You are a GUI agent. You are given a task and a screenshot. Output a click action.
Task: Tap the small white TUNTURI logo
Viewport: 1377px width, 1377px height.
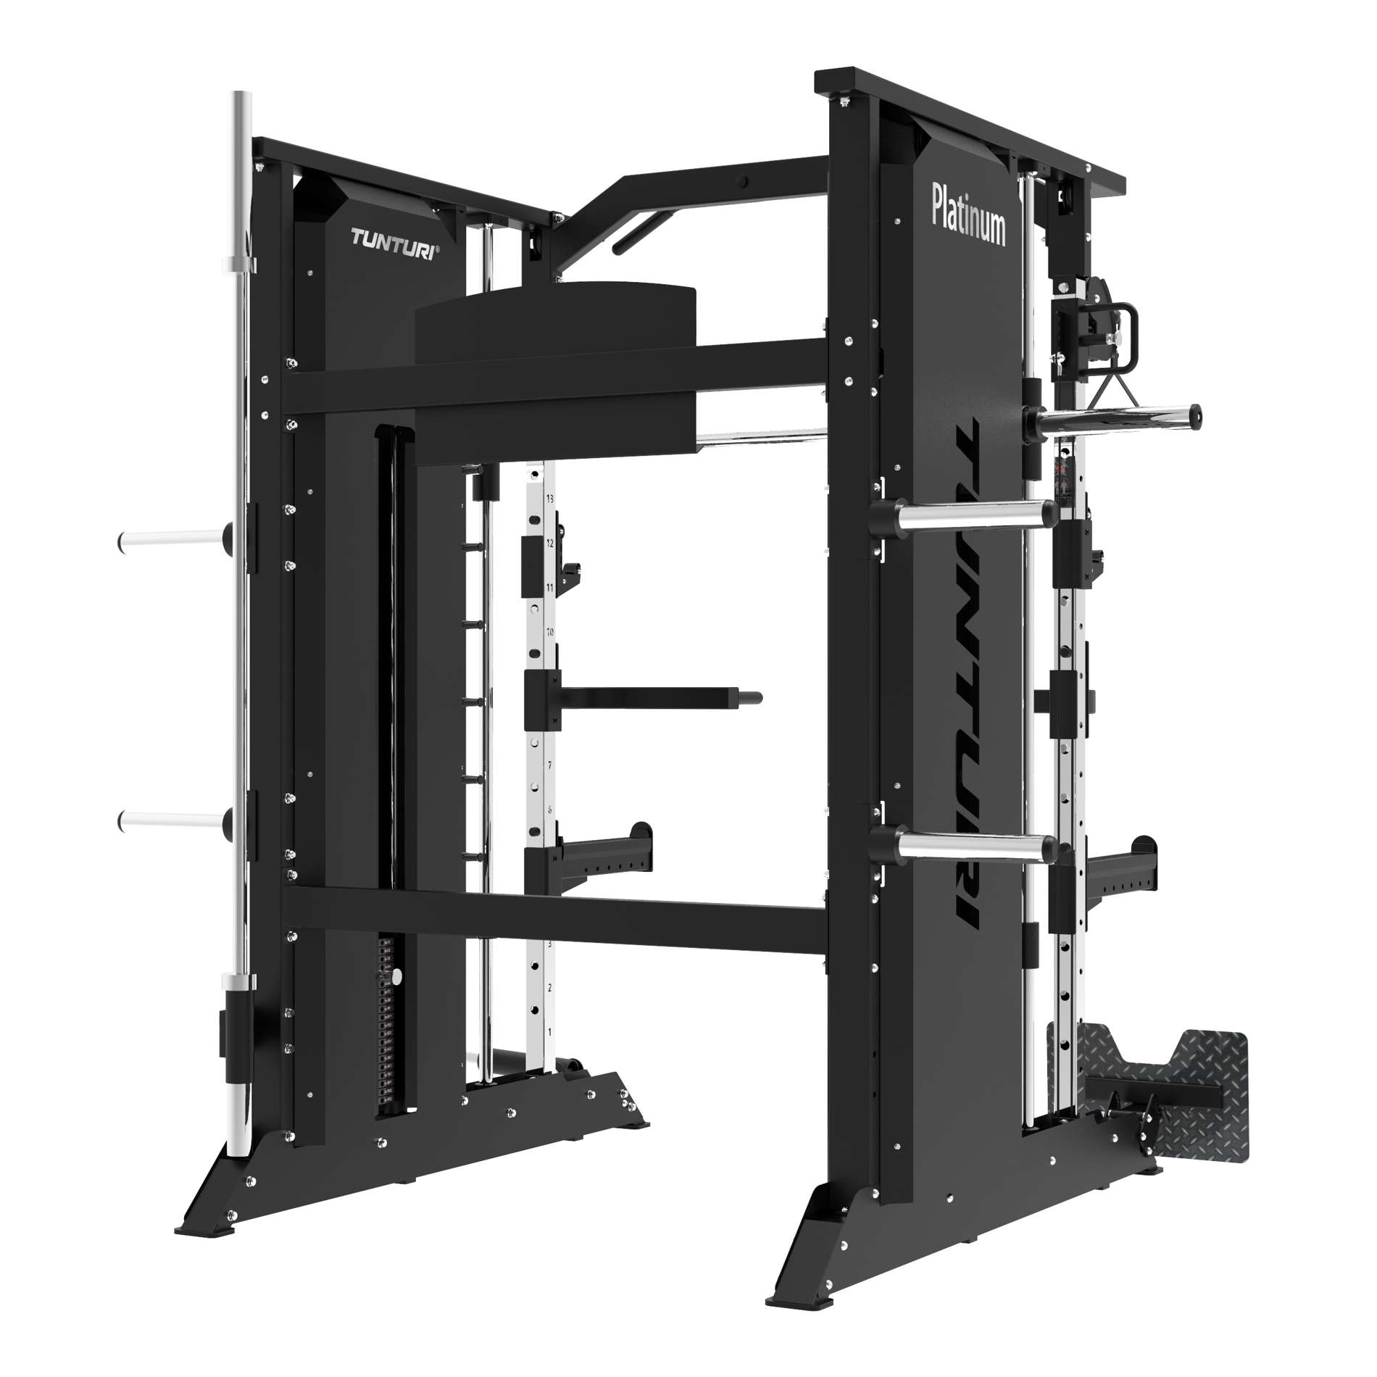(x=394, y=238)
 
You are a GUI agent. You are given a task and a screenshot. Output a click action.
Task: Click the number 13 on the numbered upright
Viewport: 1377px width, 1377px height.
(x=549, y=499)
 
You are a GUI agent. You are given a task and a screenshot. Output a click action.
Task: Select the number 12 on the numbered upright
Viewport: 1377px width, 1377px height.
(x=549, y=543)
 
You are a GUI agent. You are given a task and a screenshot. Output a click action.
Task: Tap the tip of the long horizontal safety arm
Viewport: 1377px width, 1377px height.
(x=754, y=697)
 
